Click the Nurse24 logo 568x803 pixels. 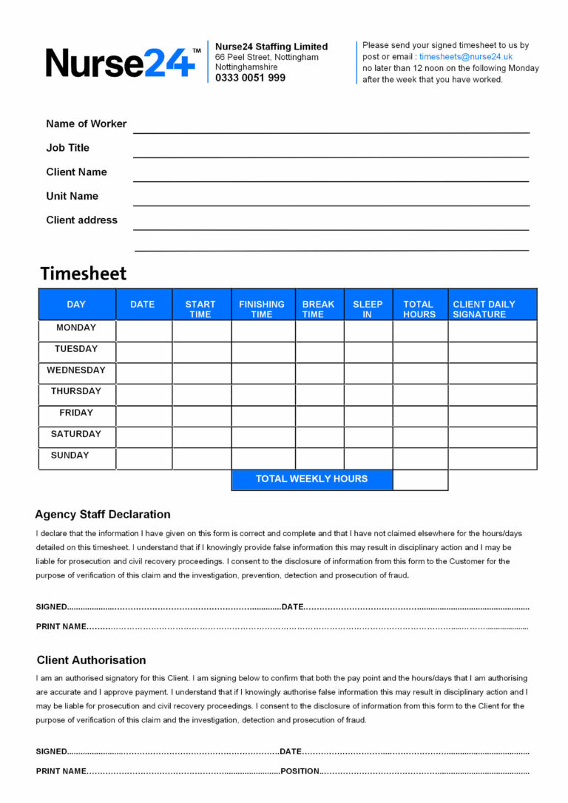123,63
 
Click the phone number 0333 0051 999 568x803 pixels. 250,78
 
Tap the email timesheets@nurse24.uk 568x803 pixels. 465,57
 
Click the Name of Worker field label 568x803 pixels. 86,123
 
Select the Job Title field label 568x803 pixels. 67,148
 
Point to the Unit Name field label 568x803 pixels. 72,196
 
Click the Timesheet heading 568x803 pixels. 83,274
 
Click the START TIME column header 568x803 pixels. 200,309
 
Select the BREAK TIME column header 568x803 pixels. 318,309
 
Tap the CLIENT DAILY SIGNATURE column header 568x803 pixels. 484,309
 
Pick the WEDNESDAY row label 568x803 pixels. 76,370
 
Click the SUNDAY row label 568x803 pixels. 70,455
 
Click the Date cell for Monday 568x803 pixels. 143,331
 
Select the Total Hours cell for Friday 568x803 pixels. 419,416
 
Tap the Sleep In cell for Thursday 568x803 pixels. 368,395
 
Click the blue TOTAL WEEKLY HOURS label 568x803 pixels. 311,479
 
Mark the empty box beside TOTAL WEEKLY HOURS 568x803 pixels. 419,480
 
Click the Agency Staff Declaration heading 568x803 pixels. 103,515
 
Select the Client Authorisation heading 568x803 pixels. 91,660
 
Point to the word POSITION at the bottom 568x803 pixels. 299,771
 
